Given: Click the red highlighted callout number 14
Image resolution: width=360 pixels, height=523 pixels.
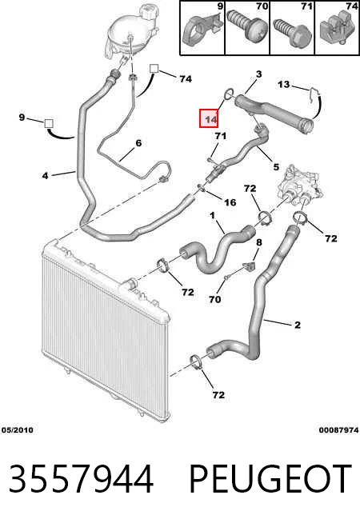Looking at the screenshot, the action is pos(209,118).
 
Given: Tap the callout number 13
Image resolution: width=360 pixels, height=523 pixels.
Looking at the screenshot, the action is pos(283,85).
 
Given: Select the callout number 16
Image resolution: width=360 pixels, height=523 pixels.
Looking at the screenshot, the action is pos(230,202).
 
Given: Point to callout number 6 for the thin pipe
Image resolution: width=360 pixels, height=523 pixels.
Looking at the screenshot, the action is pos(138,143).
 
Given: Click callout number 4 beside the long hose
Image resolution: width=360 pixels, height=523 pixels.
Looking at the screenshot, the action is pos(46,175).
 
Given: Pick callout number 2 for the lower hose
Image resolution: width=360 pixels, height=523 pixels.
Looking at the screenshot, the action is pos(298,325).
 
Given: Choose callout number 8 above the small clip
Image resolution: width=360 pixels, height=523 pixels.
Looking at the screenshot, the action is pos(259,242).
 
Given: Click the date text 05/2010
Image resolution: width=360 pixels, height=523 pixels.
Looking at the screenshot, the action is pos(18,430).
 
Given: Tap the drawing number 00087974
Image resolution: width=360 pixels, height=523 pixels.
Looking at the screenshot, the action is pos(338,430).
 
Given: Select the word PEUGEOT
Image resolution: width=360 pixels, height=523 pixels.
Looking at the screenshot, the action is pos(270,479).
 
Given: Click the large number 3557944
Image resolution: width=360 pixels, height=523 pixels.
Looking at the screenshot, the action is pos(81,479).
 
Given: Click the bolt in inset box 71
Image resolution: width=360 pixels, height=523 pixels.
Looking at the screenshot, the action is pos(292,32).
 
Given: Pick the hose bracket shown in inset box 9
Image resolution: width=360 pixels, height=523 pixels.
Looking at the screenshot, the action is pos(202,31).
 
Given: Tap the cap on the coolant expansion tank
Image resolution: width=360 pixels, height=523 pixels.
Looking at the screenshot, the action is pos(149,12).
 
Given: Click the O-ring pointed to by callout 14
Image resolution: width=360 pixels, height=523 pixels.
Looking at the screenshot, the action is pos(229,94).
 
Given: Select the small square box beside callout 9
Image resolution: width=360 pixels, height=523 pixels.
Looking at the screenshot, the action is pos(49,123).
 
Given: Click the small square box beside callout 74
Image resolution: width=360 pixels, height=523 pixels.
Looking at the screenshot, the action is pos(154,69).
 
